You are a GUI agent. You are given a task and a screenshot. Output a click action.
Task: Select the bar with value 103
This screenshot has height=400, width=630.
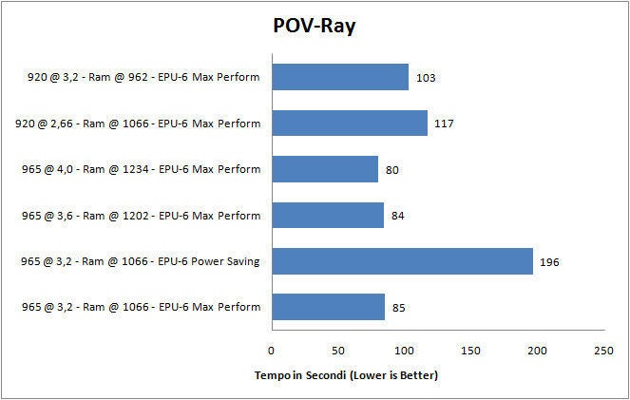[340, 77]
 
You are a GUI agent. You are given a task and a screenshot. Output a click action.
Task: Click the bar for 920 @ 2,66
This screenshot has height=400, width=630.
[349, 123]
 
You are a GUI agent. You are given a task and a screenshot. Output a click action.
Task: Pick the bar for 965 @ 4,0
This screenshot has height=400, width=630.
[325, 169]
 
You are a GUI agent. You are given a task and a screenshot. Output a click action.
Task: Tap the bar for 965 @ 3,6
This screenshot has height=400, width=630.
[327, 215]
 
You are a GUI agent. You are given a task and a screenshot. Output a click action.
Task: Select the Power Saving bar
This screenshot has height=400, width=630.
[402, 260]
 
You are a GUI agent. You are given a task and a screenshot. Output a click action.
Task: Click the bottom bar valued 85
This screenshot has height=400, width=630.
[328, 307]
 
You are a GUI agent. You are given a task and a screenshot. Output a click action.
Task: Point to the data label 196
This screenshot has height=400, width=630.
[548, 261]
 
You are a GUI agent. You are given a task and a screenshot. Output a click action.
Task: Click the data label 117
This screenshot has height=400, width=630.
[444, 124]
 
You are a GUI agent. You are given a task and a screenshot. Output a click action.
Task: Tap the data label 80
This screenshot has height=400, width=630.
[391, 169]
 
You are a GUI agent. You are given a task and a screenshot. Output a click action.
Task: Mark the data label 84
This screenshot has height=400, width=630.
[397, 216]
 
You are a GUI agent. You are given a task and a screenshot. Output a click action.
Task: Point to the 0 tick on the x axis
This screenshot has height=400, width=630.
[271, 351]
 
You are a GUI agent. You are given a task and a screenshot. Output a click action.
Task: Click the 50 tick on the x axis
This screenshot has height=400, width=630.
[337, 351]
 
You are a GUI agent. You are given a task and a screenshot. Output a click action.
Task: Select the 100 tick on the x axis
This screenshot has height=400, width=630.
[404, 351]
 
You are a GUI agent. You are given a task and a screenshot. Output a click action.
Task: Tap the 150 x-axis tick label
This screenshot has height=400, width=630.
[470, 351]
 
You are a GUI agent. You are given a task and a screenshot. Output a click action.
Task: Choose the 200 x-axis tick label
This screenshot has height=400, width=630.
[537, 351]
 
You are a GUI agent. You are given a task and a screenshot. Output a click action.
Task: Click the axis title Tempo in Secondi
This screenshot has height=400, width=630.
[346, 375]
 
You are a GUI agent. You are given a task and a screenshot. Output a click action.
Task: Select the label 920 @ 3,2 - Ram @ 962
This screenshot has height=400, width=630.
[143, 77]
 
